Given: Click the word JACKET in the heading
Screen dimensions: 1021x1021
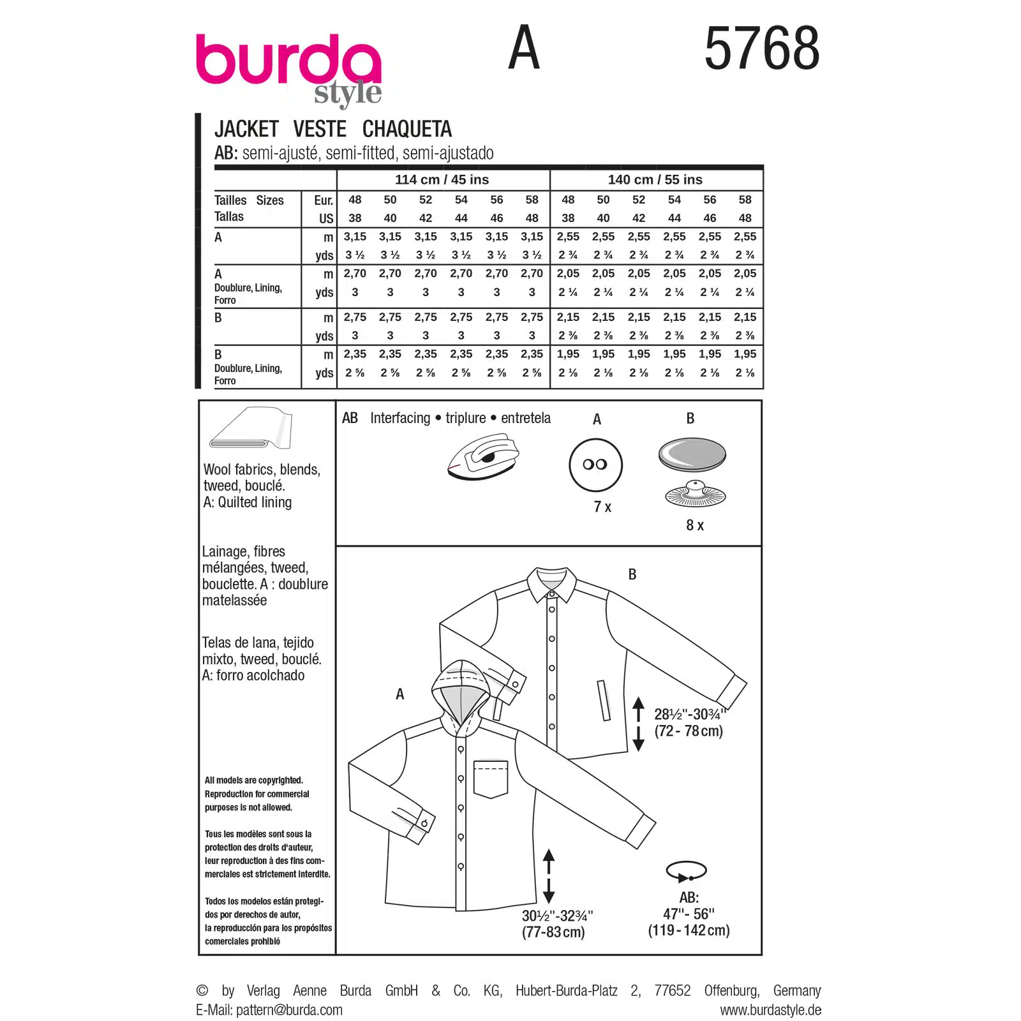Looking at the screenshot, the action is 246,129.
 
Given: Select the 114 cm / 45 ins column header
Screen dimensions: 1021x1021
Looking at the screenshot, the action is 442,180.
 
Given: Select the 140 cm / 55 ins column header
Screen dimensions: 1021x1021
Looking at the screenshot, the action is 655,180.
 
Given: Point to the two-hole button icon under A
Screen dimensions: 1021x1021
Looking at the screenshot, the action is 595,465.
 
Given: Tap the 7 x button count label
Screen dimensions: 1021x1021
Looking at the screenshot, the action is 602,507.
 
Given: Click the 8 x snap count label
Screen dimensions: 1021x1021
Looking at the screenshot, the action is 695,525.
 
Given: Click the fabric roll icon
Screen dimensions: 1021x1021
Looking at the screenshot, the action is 251,428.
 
